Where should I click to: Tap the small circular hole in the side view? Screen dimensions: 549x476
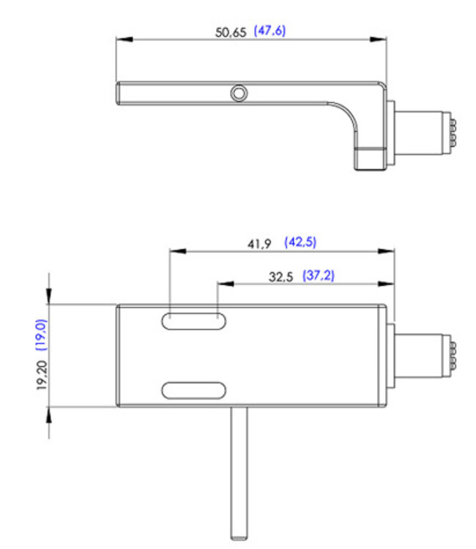coord(239,93)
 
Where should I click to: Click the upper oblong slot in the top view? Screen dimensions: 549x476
coord(194,322)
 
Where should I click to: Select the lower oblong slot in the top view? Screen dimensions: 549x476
coord(194,390)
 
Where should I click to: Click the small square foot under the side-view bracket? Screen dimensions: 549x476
coord(368,159)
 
